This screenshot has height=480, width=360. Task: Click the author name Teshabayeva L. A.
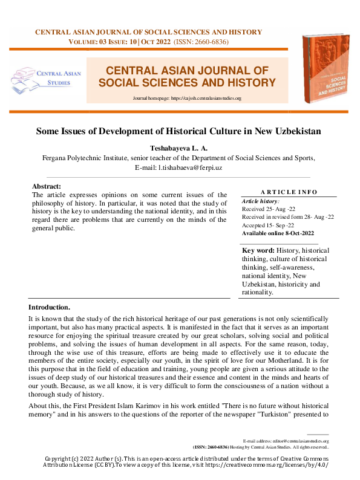179,148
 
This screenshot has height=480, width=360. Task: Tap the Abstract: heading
47,187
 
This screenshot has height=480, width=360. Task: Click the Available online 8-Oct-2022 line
278,233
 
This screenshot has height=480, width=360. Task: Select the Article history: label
260,200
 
